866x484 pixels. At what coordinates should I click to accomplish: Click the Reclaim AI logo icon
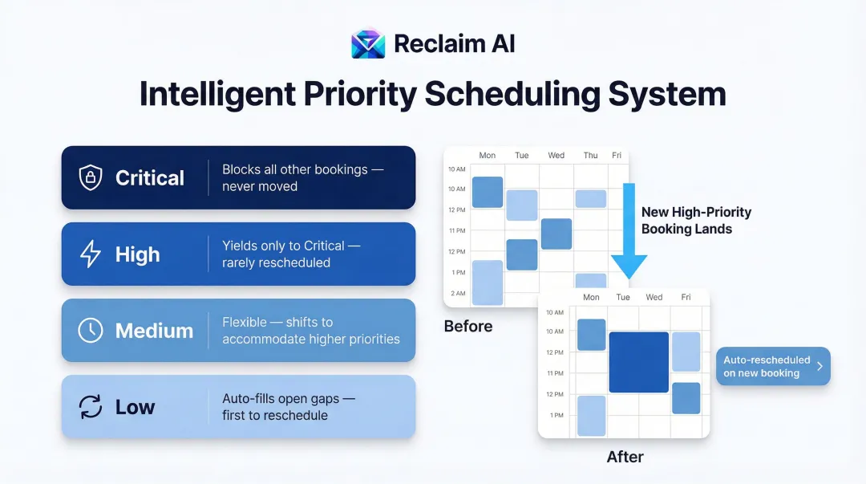(x=368, y=43)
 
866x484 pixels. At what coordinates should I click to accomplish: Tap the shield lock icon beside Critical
(x=90, y=177)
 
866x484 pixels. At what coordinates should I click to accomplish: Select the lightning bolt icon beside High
(x=90, y=254)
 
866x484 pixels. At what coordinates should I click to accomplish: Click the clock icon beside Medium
(x=90, y=331)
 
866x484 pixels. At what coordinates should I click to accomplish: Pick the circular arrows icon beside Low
(x=90, y=407)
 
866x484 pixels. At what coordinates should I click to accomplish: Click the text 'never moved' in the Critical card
(x=260, y=186)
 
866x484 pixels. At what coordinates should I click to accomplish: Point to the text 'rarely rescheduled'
(x=276, y=262)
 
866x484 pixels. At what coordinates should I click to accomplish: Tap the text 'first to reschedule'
(x=275, y=415)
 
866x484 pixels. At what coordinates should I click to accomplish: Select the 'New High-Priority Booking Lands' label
(x=696, y=221)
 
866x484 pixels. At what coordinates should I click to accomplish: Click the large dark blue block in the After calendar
(x=638, y=362)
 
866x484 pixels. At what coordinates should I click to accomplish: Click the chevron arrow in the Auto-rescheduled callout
(x=819, y=367)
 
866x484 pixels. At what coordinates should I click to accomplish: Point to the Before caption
(x=468, y=327)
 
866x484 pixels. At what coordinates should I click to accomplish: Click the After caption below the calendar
(x=625, y=457)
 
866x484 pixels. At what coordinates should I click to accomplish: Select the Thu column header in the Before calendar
(x=590, y=156)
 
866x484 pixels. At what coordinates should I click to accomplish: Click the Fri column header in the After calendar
(x=686, y=297)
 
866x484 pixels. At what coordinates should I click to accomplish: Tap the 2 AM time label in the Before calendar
(x=457, y=293)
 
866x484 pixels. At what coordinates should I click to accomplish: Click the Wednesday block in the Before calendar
(x=556, y=234)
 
